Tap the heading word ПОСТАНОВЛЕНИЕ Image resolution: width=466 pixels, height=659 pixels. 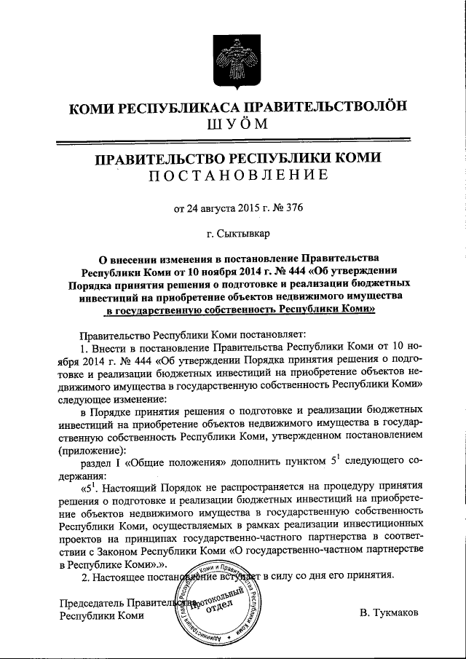coord(233,175)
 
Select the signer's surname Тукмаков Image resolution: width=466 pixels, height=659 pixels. coord(389,614)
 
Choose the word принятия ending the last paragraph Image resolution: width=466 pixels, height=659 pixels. coord(371,575)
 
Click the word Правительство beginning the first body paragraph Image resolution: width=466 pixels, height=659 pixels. coord(114,336)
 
